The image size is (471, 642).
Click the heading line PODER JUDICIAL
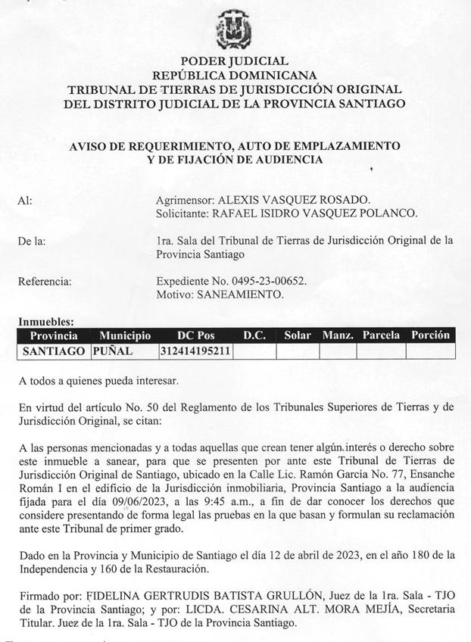234,61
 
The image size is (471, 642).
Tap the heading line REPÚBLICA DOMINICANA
234,75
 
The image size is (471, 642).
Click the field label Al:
25,201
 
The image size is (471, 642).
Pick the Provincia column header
54,335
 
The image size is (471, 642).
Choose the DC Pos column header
195,335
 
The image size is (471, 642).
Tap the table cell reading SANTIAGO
54,351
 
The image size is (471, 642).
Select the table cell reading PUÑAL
113,351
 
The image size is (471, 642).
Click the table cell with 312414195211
195,351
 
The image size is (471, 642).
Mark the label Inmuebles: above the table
45,323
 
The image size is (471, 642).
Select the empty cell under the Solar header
298,351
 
